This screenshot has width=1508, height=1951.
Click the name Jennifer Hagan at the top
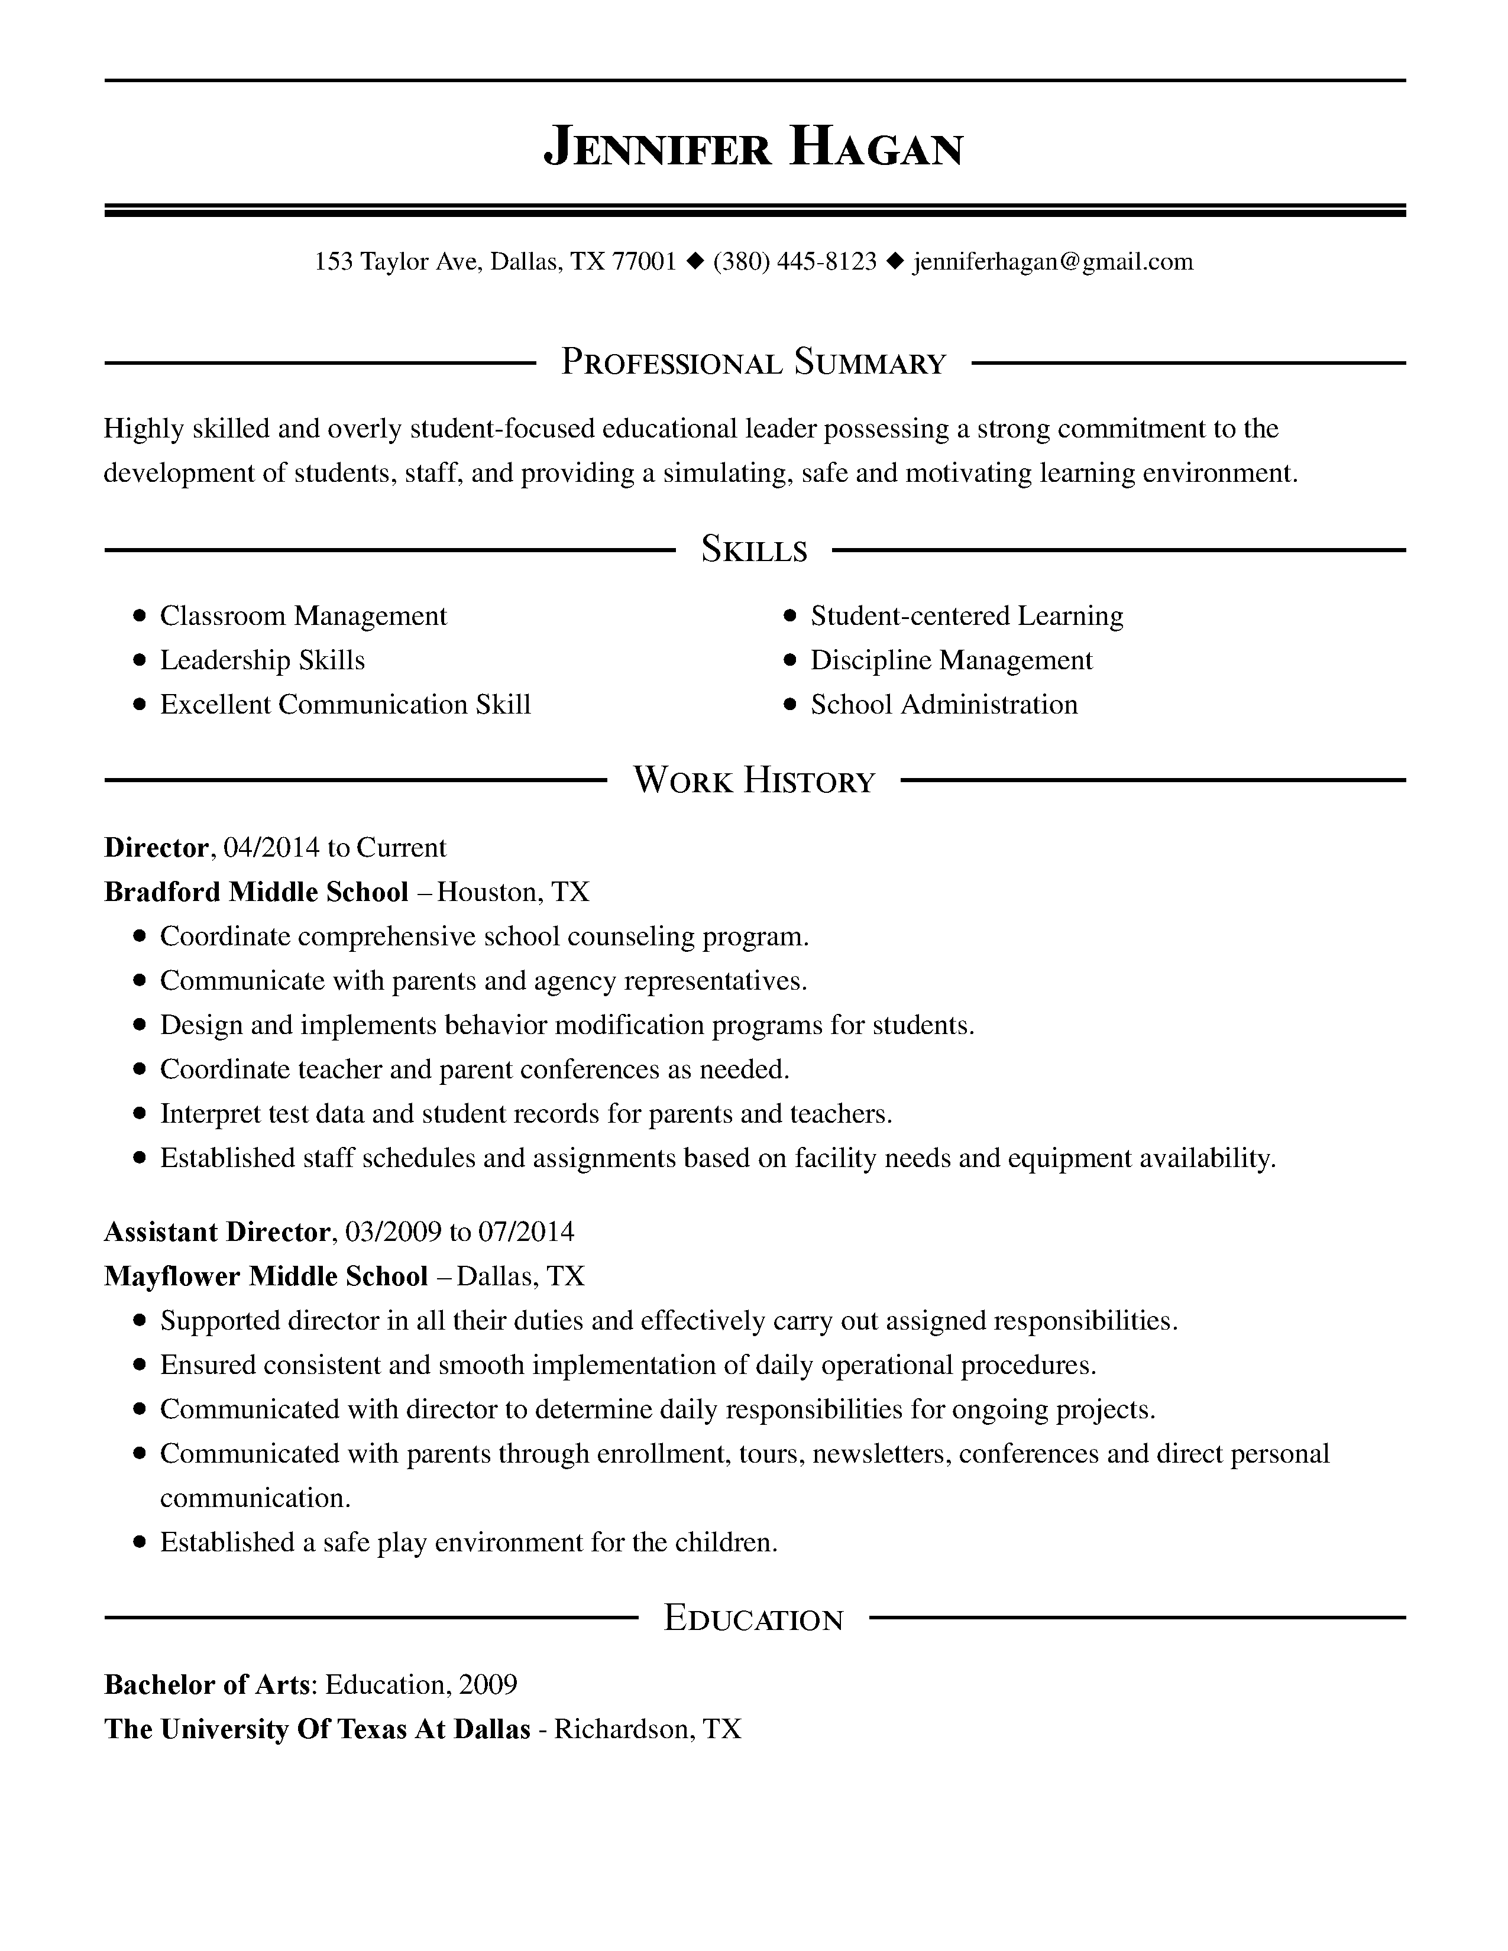point(753,147)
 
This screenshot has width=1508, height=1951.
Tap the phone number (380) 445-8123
point(794,262)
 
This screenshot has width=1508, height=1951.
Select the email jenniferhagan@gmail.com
point(1053,262)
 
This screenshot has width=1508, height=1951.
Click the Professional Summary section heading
point(753,362)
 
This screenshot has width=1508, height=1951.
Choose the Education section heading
point(753,1618)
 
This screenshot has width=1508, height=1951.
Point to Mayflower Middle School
point(266,1276)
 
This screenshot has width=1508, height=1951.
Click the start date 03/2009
point(393,1232)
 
